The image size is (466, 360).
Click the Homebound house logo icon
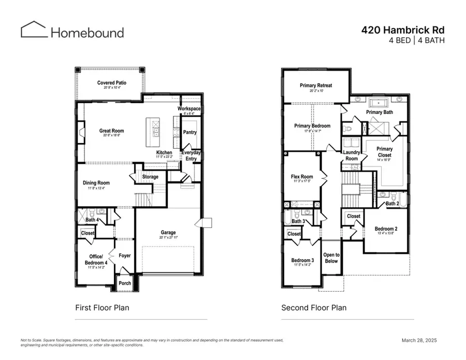point(34,30)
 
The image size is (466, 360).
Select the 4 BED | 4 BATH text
point(416,40)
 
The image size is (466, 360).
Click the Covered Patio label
point(112,83)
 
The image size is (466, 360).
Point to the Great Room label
point(112,131)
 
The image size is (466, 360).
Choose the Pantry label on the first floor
point(190,132)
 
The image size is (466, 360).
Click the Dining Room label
point(96,182)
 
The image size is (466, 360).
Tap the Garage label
point(168,233)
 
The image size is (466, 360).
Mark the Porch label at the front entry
point(125,283)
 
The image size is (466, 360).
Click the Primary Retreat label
point(316,85)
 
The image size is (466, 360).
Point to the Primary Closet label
point(384,152)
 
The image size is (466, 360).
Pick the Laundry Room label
point(351,155)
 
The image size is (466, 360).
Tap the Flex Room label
point(302,177)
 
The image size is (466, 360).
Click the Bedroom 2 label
point(386,228)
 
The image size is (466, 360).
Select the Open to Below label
point(331,257)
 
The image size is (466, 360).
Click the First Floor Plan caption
point(103,308)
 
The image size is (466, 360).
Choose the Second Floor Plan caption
point(314,308)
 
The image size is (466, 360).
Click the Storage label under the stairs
point(150,177)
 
